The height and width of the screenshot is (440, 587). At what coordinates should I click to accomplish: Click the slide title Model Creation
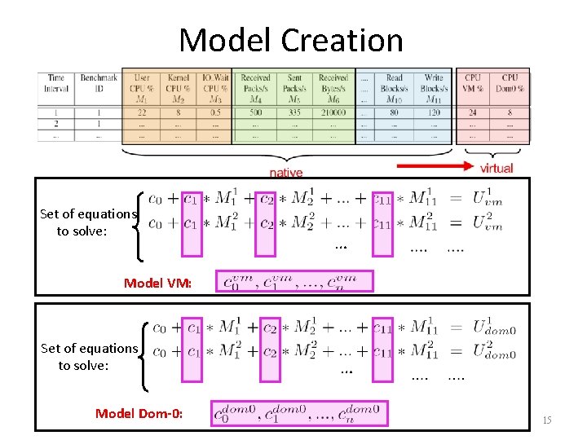[x=291, y=40]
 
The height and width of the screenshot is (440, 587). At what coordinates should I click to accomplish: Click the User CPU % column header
[x=142, y=88]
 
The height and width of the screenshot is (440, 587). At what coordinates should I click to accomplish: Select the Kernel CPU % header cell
[x=178, y=88]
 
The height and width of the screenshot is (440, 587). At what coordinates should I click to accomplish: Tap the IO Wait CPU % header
[x=214, y=88]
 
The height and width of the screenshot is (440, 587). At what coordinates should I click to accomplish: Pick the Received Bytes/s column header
[x=333, y=88]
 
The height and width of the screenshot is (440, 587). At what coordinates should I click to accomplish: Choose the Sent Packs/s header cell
[x=294, y=88]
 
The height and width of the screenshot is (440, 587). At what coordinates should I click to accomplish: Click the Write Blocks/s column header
[x=434, y=88]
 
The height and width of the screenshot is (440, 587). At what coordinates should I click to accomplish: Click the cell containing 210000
[x=333, y=112]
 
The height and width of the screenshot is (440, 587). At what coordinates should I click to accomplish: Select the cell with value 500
[x=255, y=112]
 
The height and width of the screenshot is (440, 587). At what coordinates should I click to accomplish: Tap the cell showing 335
[x=294, y=112]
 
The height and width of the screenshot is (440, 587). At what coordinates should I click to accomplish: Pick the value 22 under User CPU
[x=142, y=112]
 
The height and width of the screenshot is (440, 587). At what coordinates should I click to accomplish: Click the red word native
[x=285, y=172]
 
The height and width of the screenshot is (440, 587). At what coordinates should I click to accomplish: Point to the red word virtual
[x=496, y=168]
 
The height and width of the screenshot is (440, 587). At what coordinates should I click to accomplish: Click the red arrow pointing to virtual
[x=436, y=167]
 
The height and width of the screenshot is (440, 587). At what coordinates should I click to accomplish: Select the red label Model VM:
[x=157, y=284]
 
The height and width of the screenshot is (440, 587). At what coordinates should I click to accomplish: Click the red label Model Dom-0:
[x=139, y=413]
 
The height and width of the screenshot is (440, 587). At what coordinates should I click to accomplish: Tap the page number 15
[x=546, y=420]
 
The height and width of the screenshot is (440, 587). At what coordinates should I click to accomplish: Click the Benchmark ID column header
[x=98, y=83]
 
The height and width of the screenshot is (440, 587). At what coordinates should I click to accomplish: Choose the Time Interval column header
[x=56, y=83]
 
